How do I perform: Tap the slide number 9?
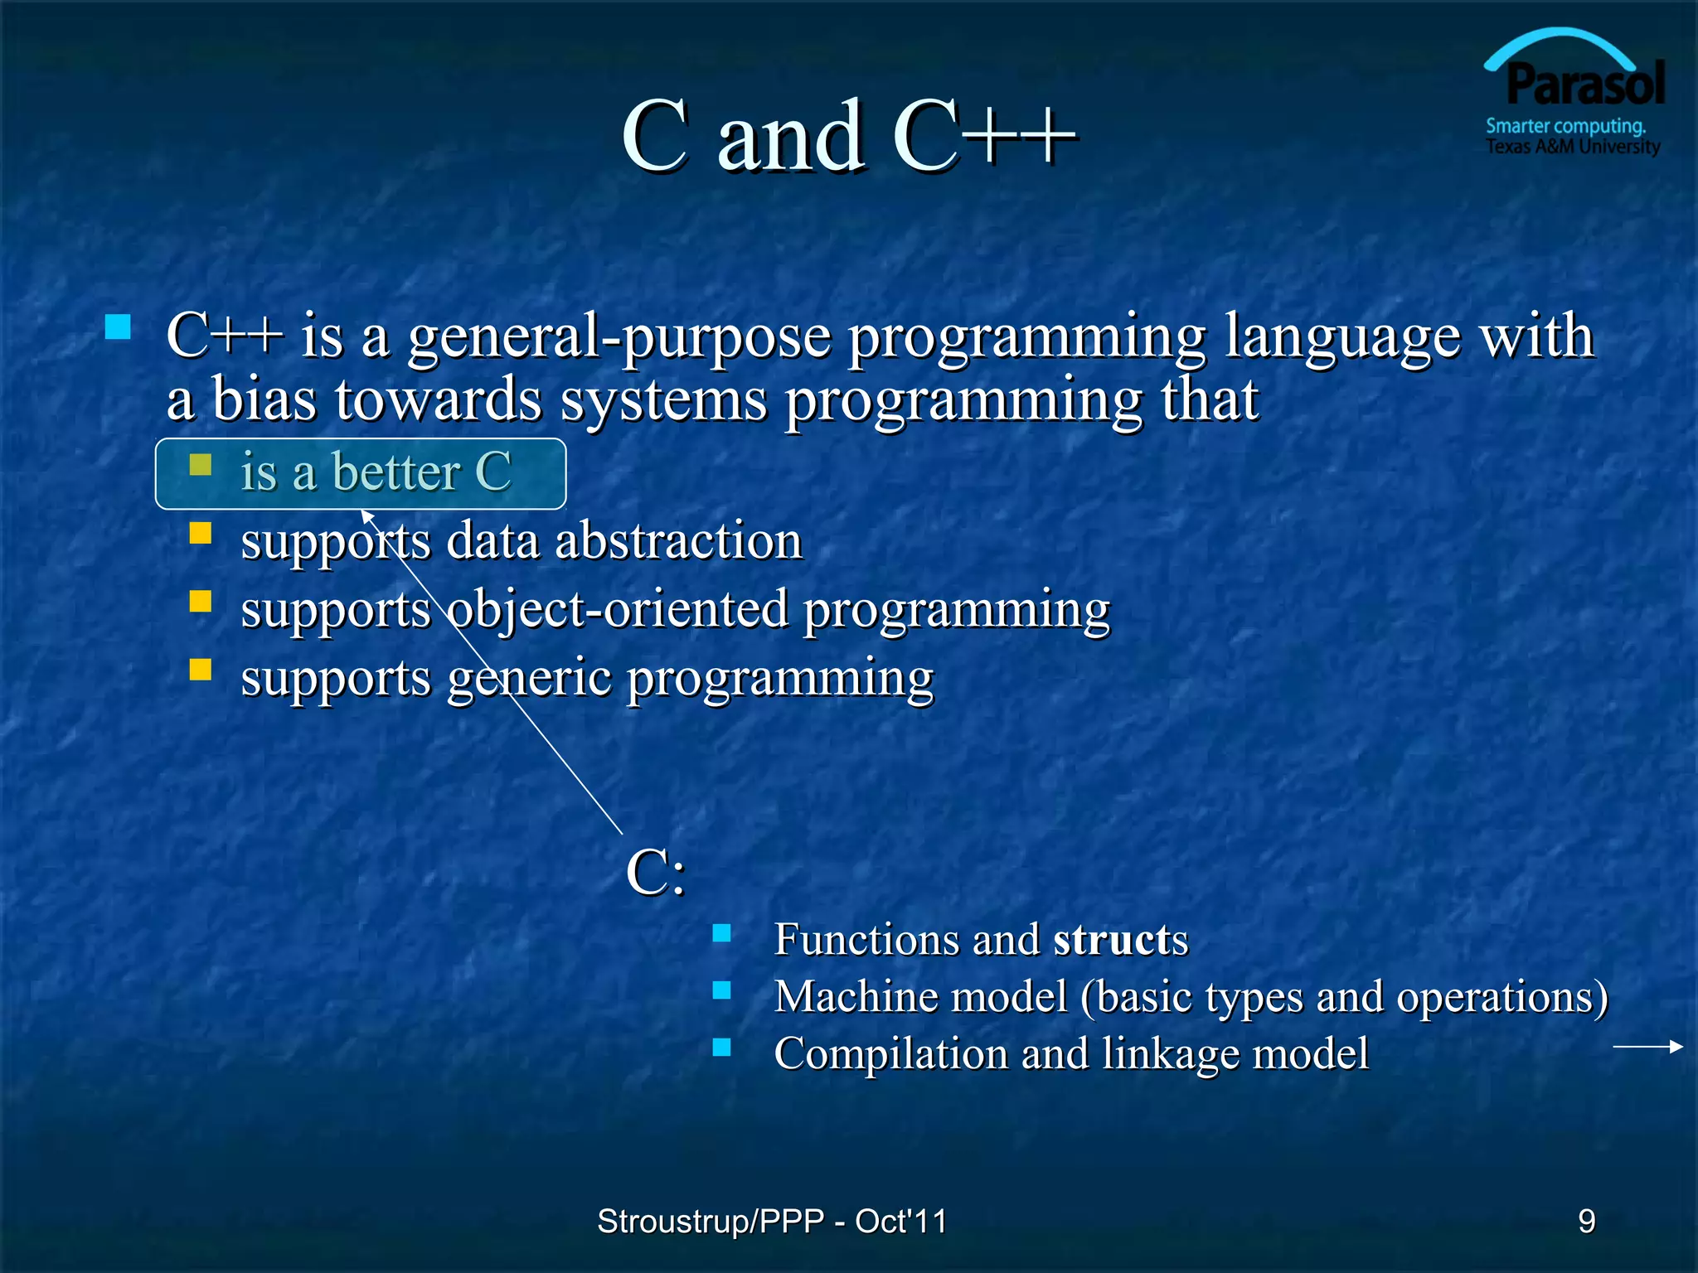(1586, 1221)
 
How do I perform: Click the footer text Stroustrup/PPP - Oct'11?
(771, 1221)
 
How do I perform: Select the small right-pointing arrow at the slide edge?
(1647, 1047)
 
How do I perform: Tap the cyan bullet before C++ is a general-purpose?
(119, 327)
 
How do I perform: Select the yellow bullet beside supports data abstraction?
(200, 532)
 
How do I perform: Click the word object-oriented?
(617, 610)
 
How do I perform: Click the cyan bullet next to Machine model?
(721, 990)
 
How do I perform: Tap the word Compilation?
(890, 1054)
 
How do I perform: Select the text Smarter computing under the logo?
(1565, 126)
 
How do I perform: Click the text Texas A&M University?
(1572, 147)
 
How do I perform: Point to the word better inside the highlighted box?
(396, 472)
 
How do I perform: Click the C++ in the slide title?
(984, 137)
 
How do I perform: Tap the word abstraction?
(678, 541)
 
